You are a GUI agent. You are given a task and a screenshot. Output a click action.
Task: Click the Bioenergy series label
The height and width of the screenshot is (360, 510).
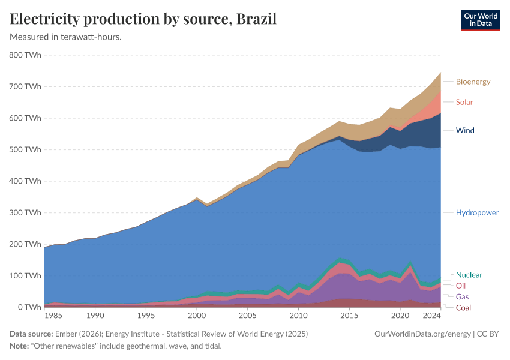coord(473,82)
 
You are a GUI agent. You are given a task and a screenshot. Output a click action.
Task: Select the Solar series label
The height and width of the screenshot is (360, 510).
coord(464,102)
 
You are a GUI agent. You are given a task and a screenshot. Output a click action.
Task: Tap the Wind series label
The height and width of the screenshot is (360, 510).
coord(465,130)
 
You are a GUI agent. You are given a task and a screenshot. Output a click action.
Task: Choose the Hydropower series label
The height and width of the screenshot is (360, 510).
coord(477,212)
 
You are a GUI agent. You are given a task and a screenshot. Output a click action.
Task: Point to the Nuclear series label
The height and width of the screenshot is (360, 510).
coord(469,275)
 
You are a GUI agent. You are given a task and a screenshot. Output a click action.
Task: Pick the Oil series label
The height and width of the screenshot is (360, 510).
coord(461,286)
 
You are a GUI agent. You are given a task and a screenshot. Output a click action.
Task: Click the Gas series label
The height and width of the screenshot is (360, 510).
coord(462,296)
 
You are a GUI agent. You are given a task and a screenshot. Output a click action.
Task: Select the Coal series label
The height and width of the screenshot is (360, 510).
coord(463,308)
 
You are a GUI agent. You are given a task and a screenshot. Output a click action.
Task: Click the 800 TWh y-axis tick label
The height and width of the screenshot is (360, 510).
coord(25,55)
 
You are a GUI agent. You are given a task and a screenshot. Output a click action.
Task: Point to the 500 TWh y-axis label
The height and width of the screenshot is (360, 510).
coord(25,149)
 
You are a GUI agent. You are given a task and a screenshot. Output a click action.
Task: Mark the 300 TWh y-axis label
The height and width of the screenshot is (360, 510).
coord(25,212)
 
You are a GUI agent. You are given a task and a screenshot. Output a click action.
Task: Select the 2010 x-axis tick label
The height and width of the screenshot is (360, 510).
coord(298,316)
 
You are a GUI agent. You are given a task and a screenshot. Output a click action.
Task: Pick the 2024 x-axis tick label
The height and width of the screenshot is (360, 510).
coord(432,316)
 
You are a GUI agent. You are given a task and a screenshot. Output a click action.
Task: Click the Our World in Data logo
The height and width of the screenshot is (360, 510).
coord(481,19)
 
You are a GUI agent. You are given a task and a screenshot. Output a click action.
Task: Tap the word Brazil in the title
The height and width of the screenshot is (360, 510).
coord(256,19)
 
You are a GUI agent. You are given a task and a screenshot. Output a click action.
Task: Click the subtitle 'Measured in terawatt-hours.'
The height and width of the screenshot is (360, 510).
coord(66,37)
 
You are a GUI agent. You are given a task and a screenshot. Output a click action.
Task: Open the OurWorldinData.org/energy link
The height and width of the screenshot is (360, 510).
coord(420,334)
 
